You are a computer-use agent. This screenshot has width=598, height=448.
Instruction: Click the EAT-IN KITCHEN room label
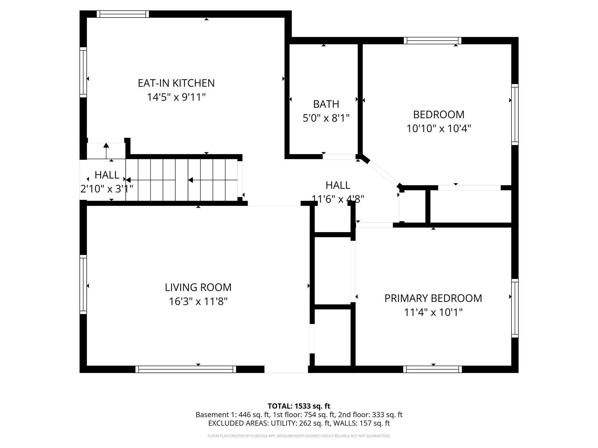click(x=176, y=83)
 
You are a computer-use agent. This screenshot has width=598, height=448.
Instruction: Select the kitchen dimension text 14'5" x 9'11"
click(x=176, y=97)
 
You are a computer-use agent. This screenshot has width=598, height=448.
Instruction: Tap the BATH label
click(x=326, y=104)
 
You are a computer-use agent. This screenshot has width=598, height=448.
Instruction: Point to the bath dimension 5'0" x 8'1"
click(x=326, y=118)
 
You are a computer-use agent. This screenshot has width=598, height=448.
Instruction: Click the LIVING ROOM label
click(x=198, y=288)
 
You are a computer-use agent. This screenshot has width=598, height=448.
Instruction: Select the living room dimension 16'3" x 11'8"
click(x=198, y=301)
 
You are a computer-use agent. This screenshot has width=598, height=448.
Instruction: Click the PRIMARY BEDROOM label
click(x=433, y=298)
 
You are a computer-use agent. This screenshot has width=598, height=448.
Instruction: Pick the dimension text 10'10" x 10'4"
click(x=439, y=128)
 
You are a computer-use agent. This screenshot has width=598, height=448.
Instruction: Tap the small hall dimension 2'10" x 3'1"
click(x=107, y=189)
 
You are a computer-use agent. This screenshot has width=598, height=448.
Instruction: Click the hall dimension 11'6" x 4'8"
click(x=338, y=199)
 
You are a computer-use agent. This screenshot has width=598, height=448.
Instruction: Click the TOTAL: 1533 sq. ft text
click(x=299, y=406)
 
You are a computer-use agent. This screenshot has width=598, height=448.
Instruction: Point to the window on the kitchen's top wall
click(x=123, y=14)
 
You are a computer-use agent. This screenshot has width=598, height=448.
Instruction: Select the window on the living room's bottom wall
click(x=186, y=369)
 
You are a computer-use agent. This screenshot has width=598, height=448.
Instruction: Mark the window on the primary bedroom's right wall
click(x=515, y=308)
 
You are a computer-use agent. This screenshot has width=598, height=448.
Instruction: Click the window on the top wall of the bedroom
click(x=432, y=41)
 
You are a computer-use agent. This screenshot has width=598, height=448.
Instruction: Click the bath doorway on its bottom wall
click(x=339, y=157)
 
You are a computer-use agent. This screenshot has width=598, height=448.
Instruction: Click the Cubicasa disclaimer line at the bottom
click(x=299, y=436)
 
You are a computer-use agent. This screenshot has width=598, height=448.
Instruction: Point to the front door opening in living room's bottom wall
click(x=286, y=369)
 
